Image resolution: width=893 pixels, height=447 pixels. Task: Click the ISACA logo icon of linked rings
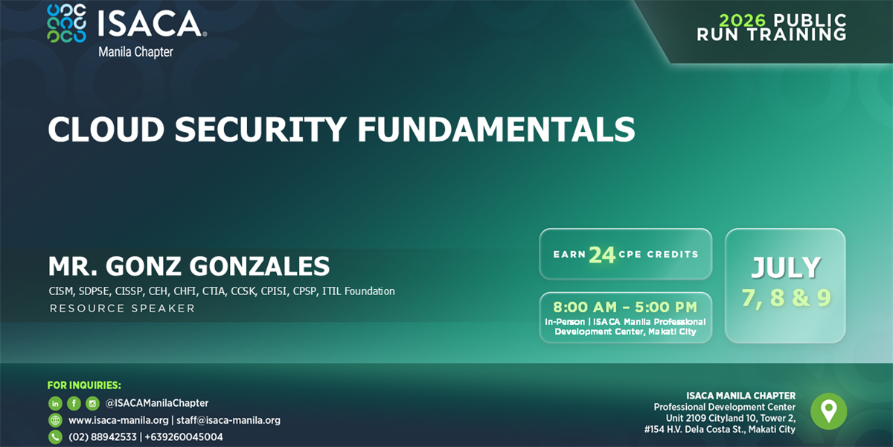point(66,23)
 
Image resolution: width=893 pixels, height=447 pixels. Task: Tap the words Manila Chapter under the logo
point(135,52)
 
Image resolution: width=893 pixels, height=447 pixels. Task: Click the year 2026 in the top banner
point(742,20)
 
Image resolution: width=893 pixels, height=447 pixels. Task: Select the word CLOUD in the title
point(105,130)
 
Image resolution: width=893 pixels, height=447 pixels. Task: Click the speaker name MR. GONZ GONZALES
point(189,266)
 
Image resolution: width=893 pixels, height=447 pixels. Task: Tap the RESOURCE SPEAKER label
point(122,308)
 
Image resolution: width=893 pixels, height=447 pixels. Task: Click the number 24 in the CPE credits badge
point(602,255)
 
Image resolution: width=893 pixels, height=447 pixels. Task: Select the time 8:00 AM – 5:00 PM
point(625,307)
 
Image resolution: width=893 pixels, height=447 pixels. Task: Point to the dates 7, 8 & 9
point(785,298)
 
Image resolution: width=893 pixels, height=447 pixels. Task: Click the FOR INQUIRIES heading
point(84,385)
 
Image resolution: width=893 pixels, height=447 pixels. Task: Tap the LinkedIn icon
point(55,403)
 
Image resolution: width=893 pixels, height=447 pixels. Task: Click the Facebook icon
point(74,403)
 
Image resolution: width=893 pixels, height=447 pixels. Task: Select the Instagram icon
point(92,403)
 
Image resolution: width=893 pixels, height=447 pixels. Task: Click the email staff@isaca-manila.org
point(228,420)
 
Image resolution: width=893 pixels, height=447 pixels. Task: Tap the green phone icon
point(55,437)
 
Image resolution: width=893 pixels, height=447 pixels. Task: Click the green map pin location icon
point(828,411)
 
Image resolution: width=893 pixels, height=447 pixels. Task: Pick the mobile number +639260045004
point(184,437)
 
